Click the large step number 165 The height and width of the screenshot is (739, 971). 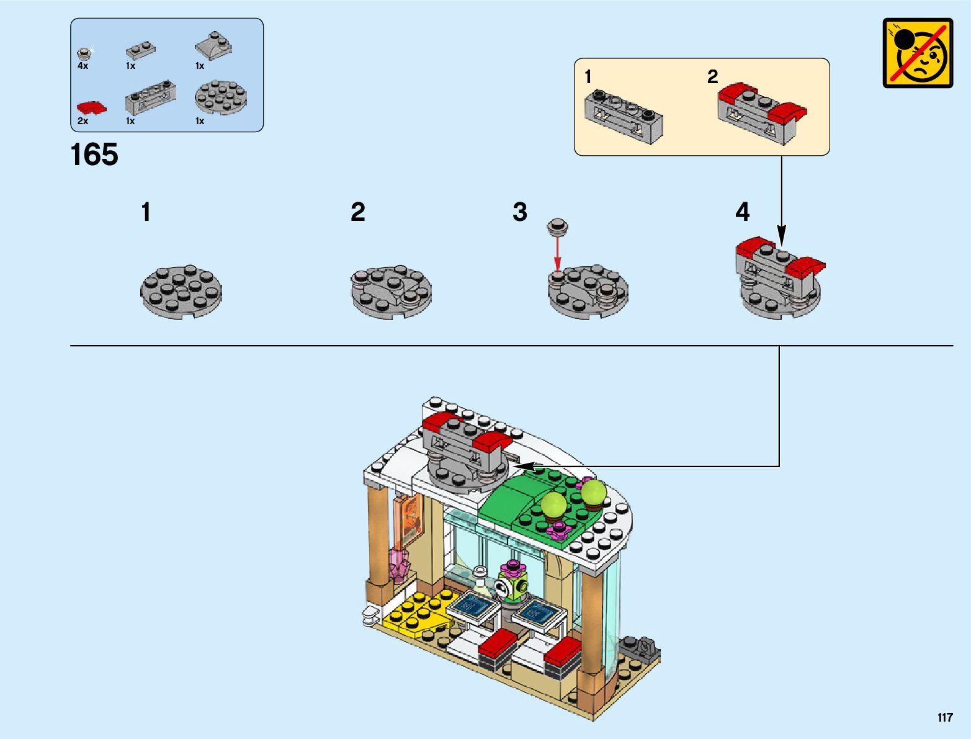pos(94,155)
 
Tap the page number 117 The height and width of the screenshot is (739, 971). pos(945,718)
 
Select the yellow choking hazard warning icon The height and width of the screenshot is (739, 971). pos(918,53)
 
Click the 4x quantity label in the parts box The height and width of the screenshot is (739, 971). pos(83,66)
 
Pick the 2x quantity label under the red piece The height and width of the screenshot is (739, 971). pos(83,121)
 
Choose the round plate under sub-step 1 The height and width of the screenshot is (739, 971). pos(181,292)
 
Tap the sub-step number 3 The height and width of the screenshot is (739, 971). pos(520,212)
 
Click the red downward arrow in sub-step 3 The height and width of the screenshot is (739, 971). pos(558,254)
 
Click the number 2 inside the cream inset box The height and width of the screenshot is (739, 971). pos(712,77)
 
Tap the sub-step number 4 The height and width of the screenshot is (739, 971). pos(742,212)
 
